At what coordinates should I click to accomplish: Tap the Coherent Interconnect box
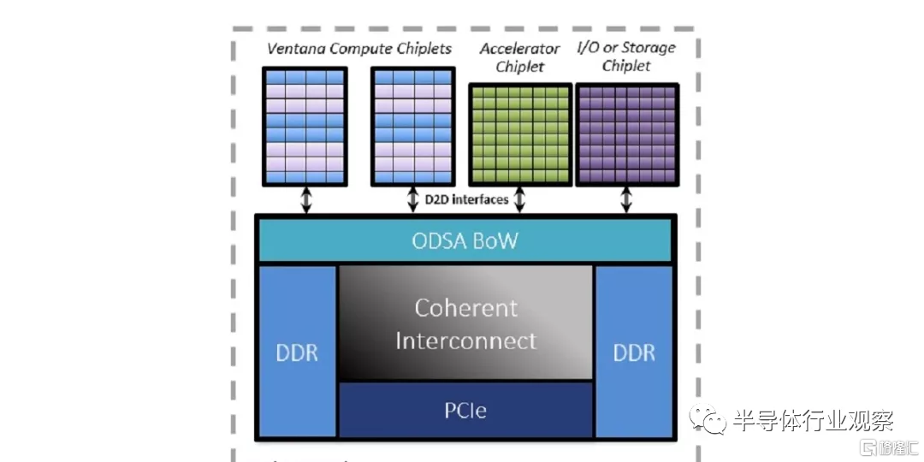point(466,323)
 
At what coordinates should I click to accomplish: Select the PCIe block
point(466,410)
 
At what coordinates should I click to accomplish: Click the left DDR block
point(297,352)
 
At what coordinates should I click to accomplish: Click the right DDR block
point(634,352)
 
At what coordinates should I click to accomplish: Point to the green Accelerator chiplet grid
point(519,135)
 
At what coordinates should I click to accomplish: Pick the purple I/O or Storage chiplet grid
point(627,135)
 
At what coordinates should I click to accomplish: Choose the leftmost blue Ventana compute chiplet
point(305,126)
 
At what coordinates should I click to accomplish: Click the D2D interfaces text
point(466,200)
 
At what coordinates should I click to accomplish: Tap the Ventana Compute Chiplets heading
point(359,48)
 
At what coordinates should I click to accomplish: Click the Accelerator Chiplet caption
point(519,57)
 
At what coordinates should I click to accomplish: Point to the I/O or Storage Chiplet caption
point(626,56)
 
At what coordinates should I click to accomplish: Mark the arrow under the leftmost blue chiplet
point(305,200)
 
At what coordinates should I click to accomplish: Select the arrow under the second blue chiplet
point(412,200)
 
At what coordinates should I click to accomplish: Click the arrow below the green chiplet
point(519,200)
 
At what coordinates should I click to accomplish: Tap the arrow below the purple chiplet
point(626,200)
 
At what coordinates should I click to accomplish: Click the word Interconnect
point(466,341)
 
